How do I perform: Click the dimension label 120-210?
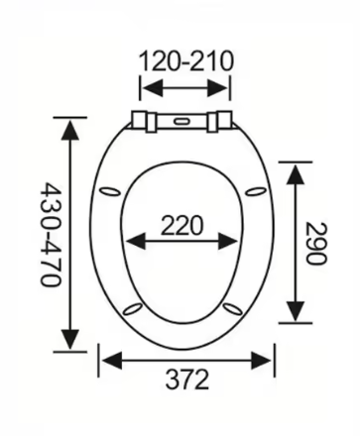pyautogui.click(x=186, y=61)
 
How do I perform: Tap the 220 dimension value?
pyautogui.click(x=181, y=226)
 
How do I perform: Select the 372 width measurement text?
pyautogui.click(x=187, y=380)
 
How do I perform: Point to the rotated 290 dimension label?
pyautogui.click(x=316, y=244)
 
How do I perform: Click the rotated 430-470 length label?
pyautogui.click(x=51, y=234)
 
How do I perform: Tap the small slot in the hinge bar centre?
pyautogui.click(x=180, y=122)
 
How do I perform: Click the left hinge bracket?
pyautogui.click(x=144, y=121)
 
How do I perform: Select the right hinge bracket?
pyautogui.click(x=219, y=121)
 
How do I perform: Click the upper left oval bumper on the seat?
pyautogui.click(x=110, y=192)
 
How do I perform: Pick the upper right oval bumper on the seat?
pyautogui.click(x=256, y=191)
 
